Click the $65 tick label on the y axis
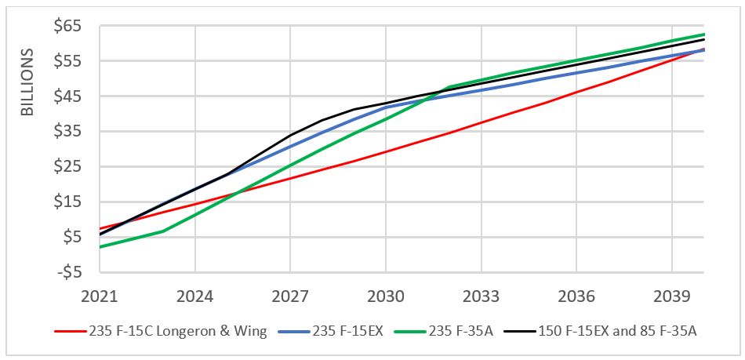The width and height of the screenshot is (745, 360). click(67, 26)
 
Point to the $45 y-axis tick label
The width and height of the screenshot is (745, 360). click(67, 96)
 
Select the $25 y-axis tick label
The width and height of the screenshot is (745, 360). click(67, 166)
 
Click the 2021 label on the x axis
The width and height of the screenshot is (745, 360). click(100, 297)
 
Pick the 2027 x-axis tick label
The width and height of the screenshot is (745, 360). click(290, 297)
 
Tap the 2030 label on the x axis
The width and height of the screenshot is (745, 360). click(386, 297)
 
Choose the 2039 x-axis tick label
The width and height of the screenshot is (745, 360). click(671, 297)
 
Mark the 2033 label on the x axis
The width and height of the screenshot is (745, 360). click(481, 297)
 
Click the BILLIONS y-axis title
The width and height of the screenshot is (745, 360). click(27, 83)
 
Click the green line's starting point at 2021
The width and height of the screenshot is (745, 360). click(100, 247)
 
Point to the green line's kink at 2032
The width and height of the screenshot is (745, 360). click(449, 87)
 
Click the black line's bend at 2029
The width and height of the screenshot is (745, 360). click(354, 109)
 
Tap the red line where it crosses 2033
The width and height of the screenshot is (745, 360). click(481, 122)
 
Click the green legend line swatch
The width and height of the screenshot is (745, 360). click(415, 331)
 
